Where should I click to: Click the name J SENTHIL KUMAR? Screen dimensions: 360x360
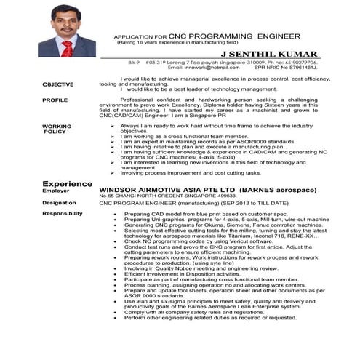pos(272,55)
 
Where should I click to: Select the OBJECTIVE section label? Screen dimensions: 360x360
pos(57,85)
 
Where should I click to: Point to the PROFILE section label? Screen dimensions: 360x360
pos(55,100)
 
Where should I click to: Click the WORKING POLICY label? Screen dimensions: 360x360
pos(57,129)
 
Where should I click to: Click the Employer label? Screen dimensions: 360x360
pos(56,191)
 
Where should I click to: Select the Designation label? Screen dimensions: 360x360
pos(59,203)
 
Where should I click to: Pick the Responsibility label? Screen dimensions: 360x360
pos(62,214)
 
